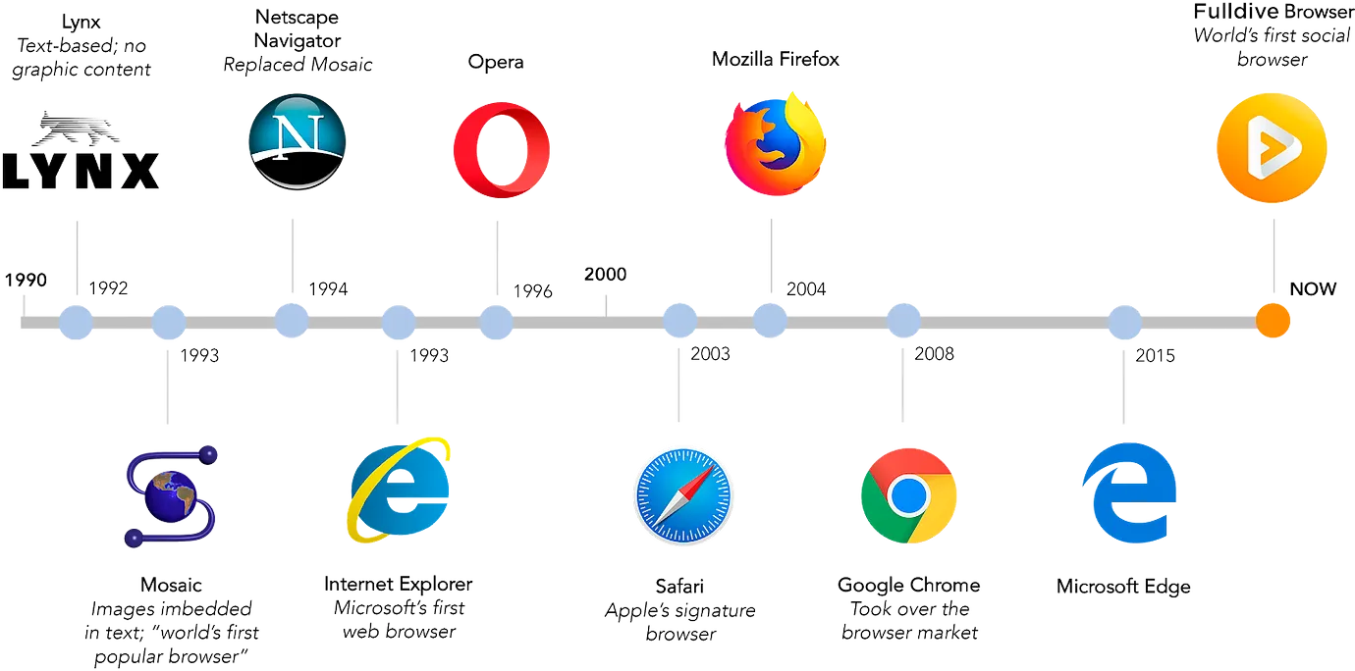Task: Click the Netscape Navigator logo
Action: (297, 141)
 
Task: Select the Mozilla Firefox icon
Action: (776, 144)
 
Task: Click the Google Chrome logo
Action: (908, 495)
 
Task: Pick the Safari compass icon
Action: (683, 495)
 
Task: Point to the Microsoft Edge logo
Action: (1129, 492)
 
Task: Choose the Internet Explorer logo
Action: (399, 490)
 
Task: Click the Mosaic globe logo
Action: (171, 496)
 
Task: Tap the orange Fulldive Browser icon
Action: (1272, 147)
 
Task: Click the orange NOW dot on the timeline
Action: (1273, 321)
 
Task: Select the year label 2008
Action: (934, 353)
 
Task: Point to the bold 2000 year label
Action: (605, 274)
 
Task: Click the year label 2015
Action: (1155, 355)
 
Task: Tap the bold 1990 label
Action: (26, 280)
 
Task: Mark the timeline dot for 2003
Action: (679, 321)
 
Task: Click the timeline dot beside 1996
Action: (496, 322)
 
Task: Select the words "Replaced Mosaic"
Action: (298, 65)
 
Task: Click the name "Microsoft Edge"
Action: (1123, 587)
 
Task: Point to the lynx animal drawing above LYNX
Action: (76, 129)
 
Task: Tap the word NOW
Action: (1313, 289)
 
